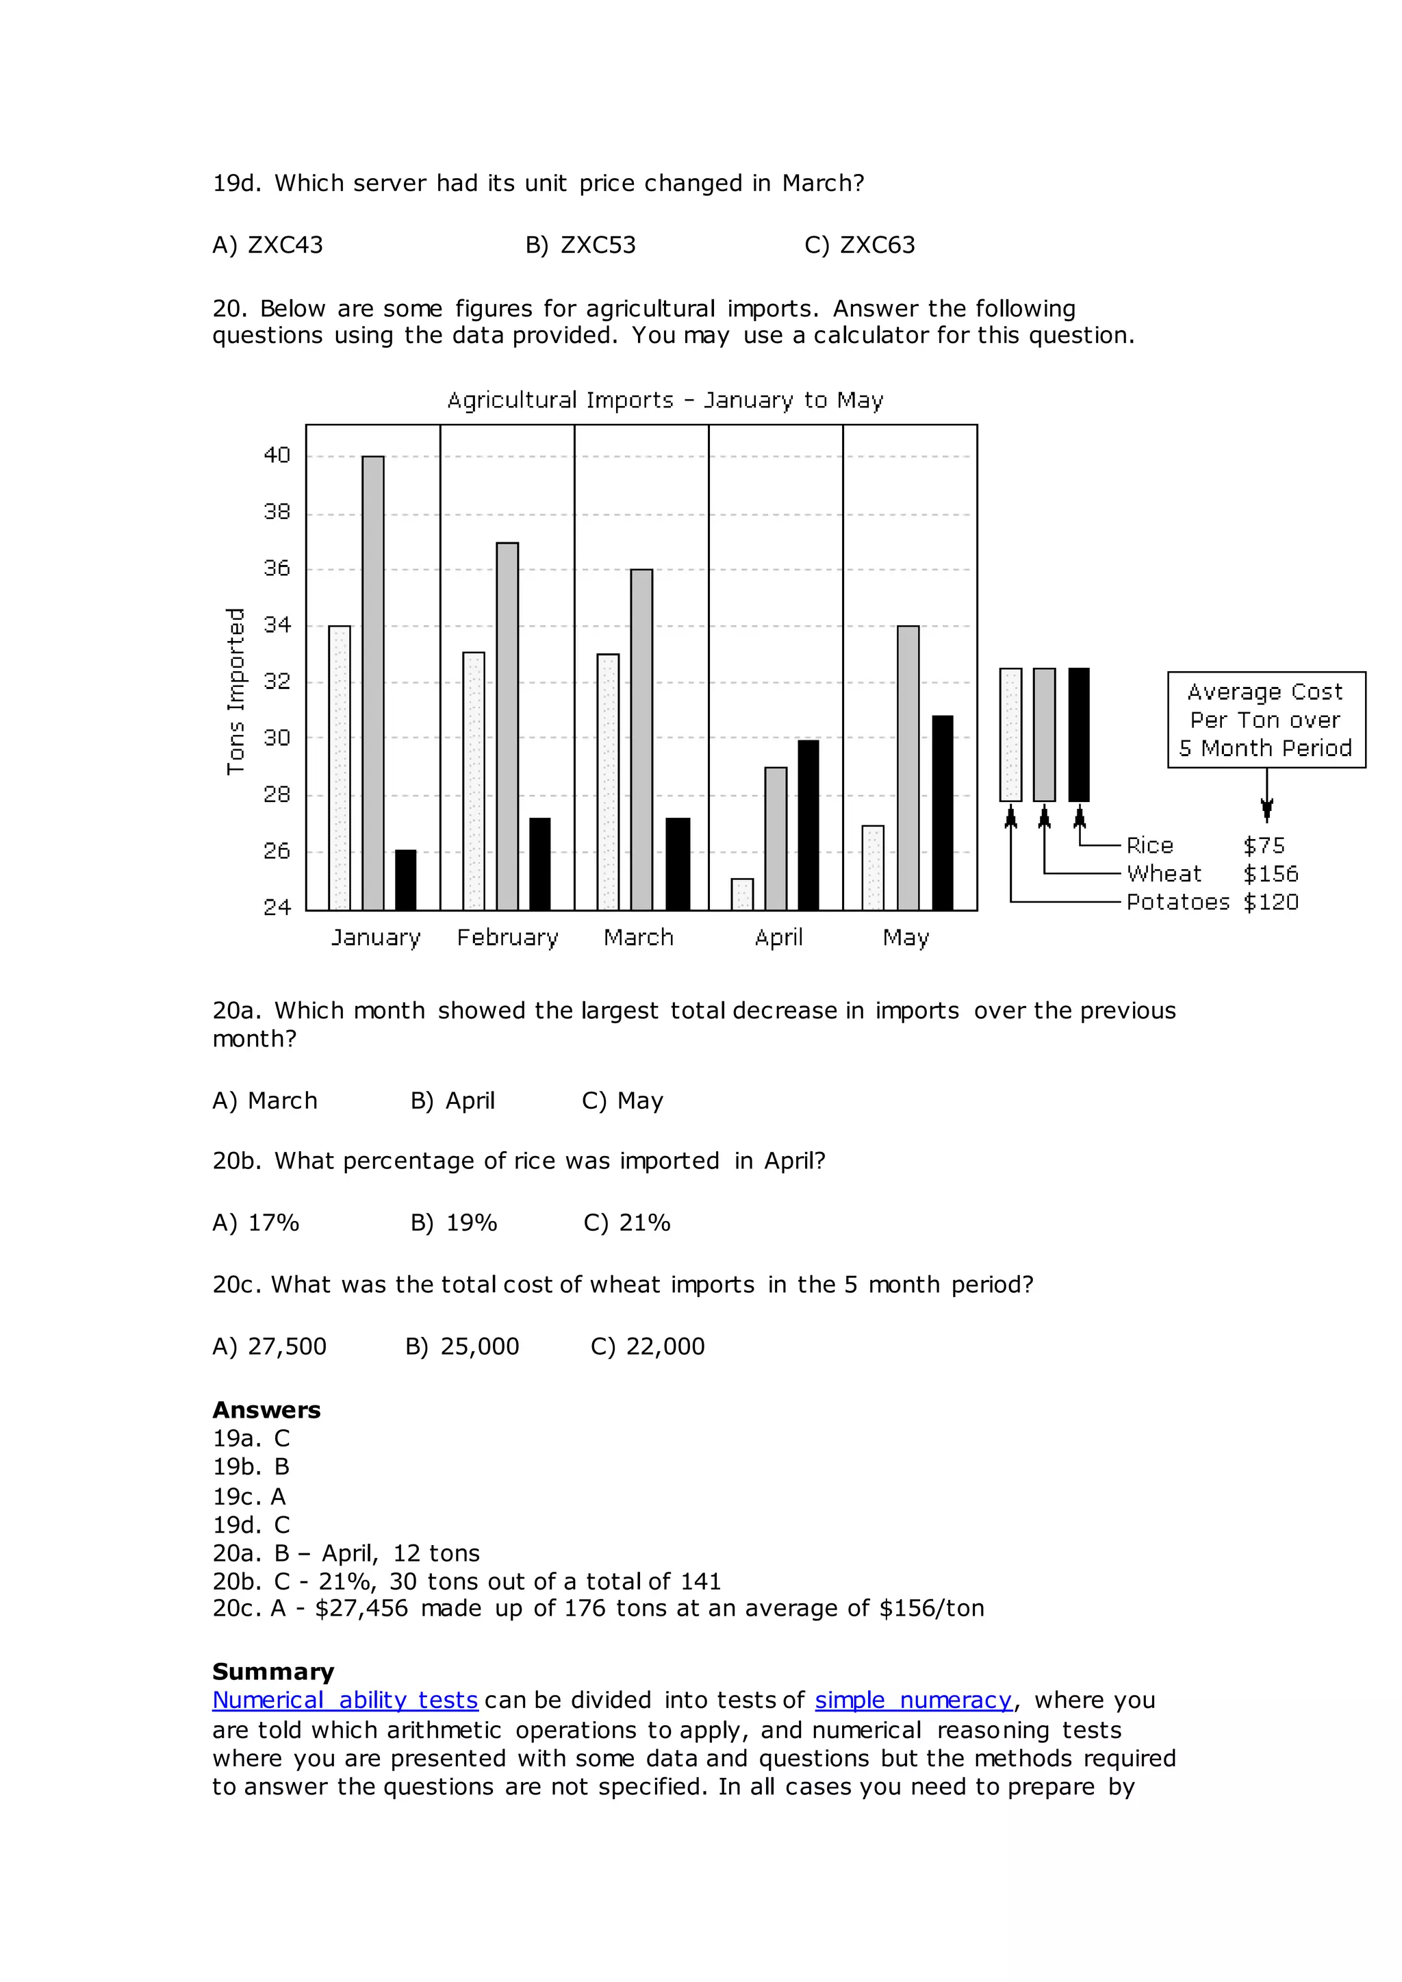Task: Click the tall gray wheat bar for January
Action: point(373,682)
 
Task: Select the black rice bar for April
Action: point(808,825)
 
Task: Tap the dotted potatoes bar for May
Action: point(873,868)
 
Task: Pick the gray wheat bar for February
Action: point(508,725)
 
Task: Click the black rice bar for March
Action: point(678,864)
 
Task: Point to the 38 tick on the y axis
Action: point(277,512)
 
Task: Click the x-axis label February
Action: point(508,938)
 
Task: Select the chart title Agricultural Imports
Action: point(665,400)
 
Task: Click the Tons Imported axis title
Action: point(235,691)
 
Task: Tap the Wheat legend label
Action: point(1164,874)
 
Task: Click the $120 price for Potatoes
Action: point(1271,903)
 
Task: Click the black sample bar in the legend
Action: point(1078,734)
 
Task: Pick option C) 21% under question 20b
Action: point(627,1223)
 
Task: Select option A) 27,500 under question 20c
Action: point(269,1346)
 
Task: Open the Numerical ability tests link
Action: point(344,1701)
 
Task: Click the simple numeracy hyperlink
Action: point(913,1701)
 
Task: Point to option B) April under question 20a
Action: point(453,1101)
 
